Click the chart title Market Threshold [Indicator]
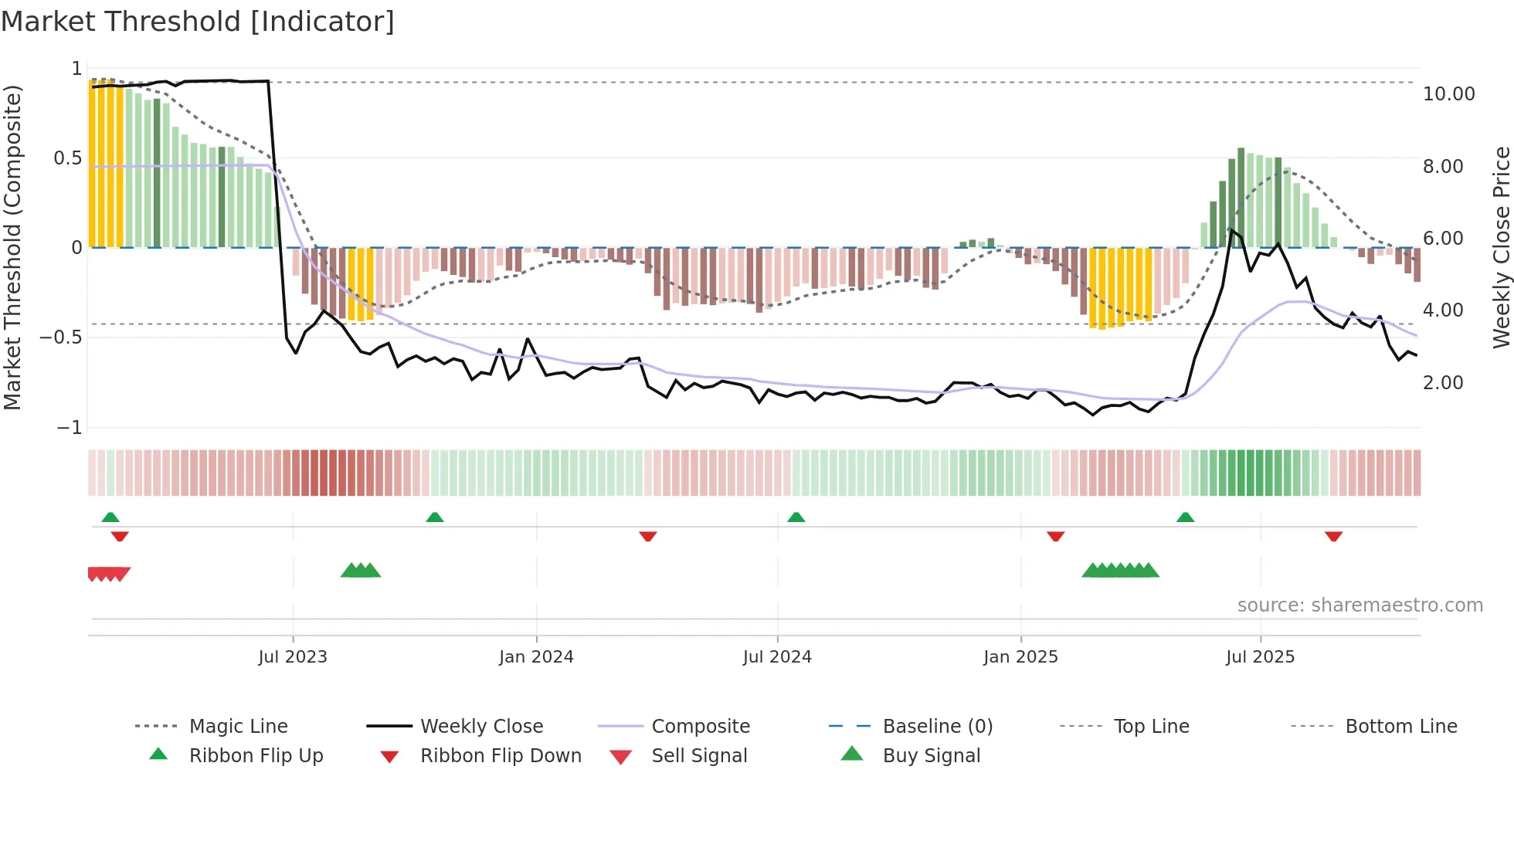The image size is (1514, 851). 198,22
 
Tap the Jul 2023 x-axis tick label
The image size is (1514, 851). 293,657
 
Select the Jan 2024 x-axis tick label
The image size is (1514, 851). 536,657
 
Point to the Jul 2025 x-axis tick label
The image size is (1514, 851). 1260,657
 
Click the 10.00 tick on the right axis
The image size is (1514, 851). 1448,94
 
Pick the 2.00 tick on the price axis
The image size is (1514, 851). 1442,383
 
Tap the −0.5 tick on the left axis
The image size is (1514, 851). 61,337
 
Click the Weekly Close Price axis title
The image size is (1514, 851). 1501,247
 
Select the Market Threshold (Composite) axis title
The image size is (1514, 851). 12,247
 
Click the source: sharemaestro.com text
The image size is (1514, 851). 1360,605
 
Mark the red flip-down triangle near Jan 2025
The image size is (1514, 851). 1055,536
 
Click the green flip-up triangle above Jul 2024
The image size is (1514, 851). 796,517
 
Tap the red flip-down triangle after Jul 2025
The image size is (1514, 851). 1333,536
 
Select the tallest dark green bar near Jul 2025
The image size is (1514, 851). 1241,197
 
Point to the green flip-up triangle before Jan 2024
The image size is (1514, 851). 434,517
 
